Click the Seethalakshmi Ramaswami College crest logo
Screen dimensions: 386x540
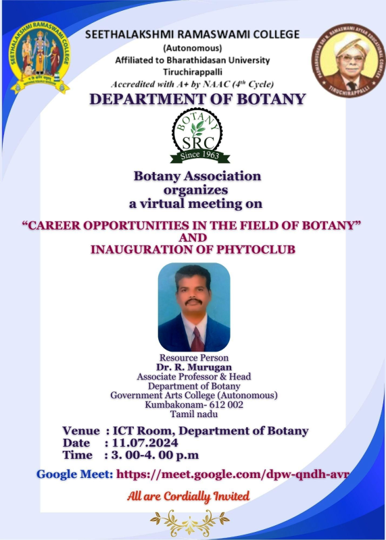tap(39, 57)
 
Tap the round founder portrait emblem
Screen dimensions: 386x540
tap(348, 61)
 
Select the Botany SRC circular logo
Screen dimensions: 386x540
tap(197, 132)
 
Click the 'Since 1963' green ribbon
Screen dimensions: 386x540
tap(199, 156)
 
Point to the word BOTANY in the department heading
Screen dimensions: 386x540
tap(272, 99)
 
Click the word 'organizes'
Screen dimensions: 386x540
tap(195, 190)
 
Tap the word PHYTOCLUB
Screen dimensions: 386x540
tap(256, 249)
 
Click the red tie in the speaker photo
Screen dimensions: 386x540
tap(197, 339)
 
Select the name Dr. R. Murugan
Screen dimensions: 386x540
tap(194, 367)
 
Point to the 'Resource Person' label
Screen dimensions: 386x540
tap(194, 358)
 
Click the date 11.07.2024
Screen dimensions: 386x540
tap(145, 443)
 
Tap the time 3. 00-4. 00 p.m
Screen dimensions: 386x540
tap(155, 455)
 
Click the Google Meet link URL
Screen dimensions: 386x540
tap(233, 475)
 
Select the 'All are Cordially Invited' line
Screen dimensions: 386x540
tap(189, 496)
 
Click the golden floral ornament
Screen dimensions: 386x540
tap(190, 522)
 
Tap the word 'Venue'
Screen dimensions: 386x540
tap(81, 431)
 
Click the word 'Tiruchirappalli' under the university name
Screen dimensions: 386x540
tap(193, 72)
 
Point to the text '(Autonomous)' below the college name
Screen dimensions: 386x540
tap(193, 47)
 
